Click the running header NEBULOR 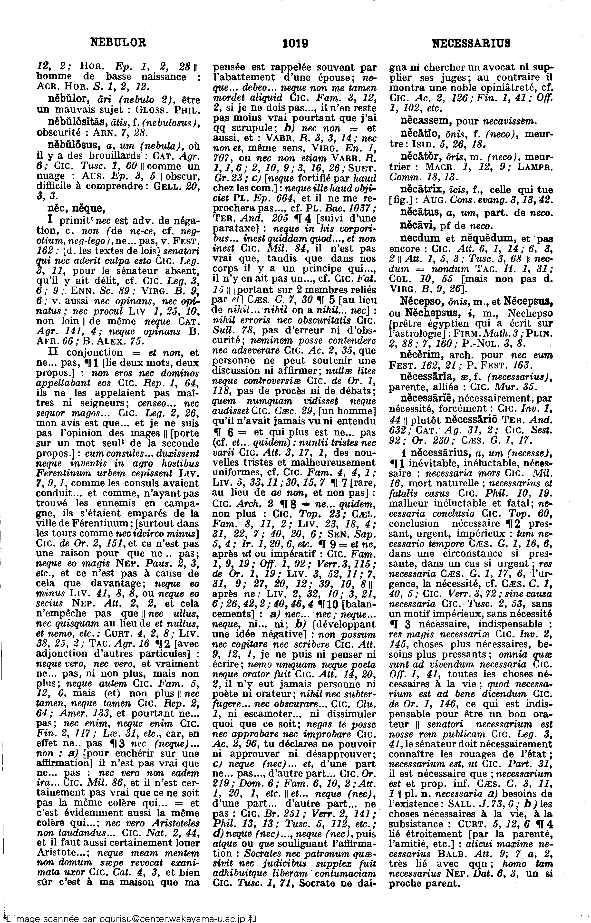[x=118, y=42]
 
